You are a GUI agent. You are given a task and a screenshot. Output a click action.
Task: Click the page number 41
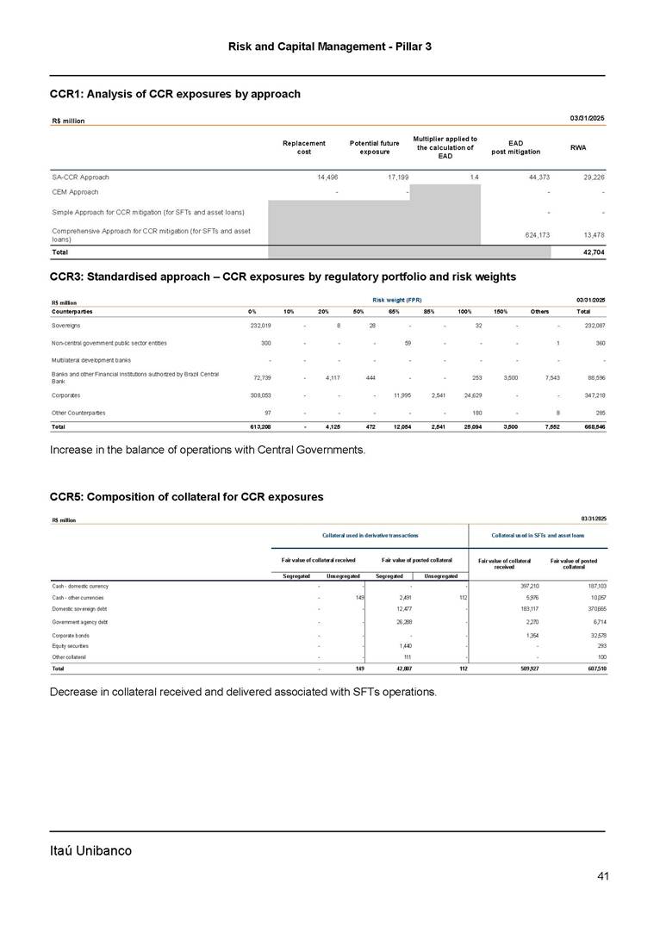tap(603, 877)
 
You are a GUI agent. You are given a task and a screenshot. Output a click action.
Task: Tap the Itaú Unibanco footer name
tap(90, 851)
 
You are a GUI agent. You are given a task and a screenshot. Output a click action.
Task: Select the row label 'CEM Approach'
tap(74, 192)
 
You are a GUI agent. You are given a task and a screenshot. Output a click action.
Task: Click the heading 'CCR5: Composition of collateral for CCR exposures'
tap(187, 497)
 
